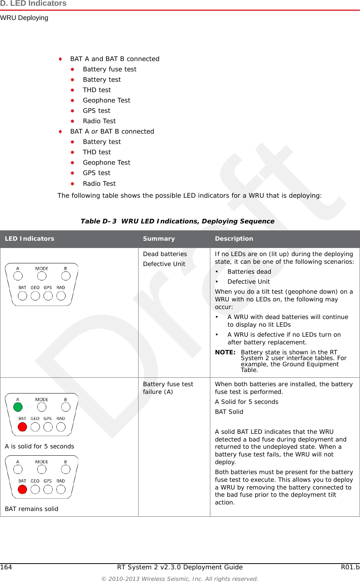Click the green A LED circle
(18, 407)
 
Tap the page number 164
(6, 567)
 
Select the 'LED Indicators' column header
(30, 238)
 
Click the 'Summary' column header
(159, 238)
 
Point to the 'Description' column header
(234, 238)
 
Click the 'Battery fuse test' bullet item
(109, 69)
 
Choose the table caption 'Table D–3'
(98, 221)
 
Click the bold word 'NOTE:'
(225, 352)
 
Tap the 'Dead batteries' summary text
(165, 254)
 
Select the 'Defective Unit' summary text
(164, 264)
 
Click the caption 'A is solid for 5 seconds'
(40, 446)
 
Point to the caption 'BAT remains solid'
(31, 509)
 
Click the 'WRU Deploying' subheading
(24, 18)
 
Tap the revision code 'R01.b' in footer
(350, 567)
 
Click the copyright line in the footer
(180, 579)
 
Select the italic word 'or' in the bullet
(94, 131)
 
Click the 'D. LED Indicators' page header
(33, 3)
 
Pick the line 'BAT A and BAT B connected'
(114, 59)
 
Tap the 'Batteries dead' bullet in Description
(249, 271)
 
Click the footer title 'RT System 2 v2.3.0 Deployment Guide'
(180, 567)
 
